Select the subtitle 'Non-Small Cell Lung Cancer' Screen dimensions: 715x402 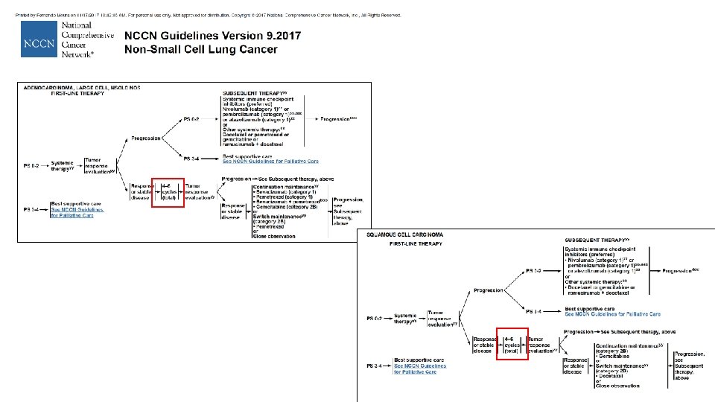200,49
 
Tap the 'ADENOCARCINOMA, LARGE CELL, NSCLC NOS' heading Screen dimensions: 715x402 82,87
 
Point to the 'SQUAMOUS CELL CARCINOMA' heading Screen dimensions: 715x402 407,234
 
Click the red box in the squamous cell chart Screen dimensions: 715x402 512,343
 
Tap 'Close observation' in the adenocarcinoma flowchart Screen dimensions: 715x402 274,236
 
